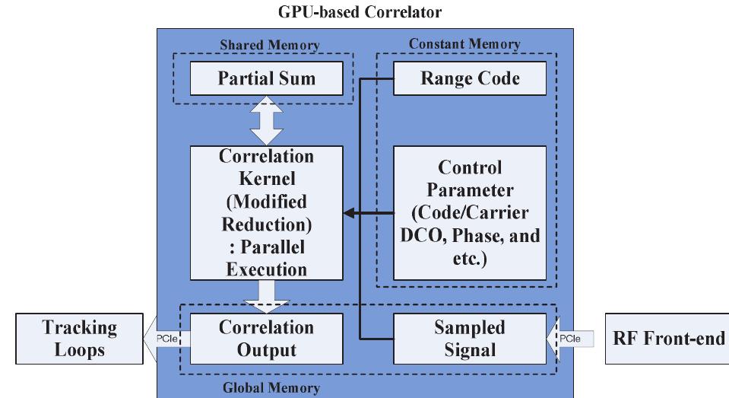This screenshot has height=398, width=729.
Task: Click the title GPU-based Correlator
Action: [363, 12]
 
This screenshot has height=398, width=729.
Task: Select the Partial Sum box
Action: [267, 79]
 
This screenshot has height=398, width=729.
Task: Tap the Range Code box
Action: [470, 79]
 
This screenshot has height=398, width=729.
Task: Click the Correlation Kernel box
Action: [266, 213]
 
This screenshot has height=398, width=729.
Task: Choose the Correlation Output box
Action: [266, 339]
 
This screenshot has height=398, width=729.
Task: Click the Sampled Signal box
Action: [470, 339]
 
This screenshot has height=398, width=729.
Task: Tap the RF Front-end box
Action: [666, 339]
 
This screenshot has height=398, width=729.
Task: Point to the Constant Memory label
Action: [464, 44]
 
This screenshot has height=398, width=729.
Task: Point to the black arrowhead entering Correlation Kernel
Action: [347, 214]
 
